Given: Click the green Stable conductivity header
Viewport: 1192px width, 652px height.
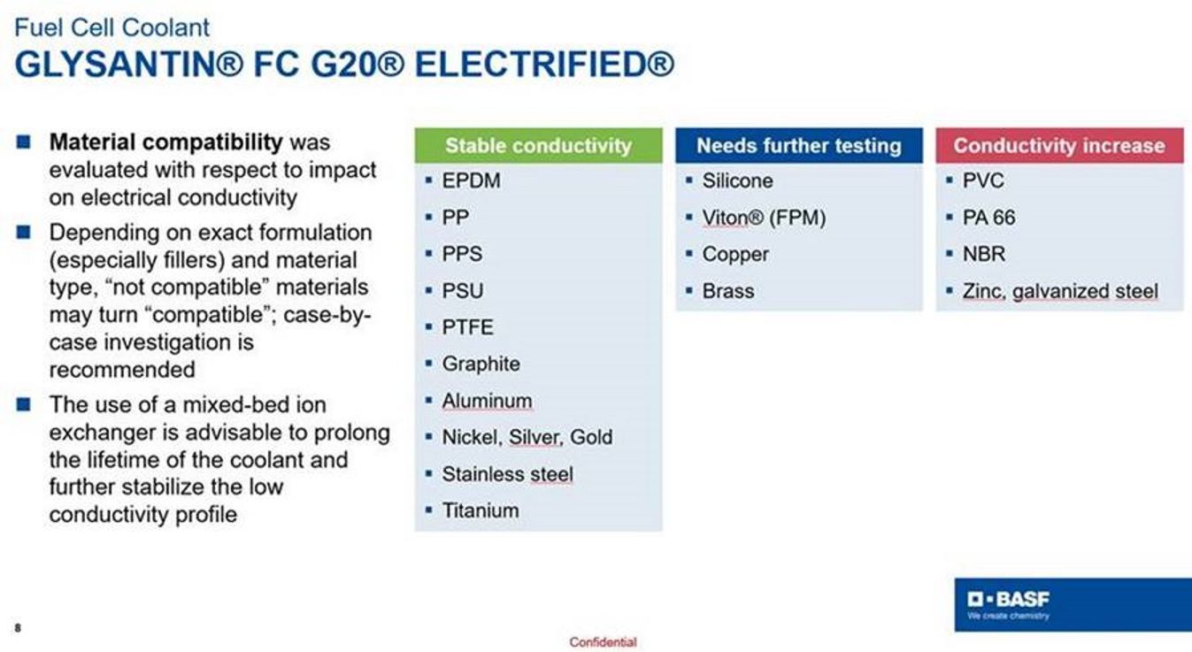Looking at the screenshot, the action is (539, 145).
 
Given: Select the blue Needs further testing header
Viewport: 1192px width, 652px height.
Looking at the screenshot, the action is (799, 145).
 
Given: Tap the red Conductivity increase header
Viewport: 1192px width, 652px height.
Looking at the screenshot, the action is (1059, 145).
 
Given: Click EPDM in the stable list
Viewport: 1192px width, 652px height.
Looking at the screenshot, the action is (471, 180).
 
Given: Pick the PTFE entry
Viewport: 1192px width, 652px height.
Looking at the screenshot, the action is (467, 327).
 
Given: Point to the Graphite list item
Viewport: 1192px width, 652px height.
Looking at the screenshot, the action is (481, 364).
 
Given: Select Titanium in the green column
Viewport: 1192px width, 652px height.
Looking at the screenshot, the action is (480, 510).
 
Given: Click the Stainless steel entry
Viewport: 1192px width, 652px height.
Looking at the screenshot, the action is (507, 474).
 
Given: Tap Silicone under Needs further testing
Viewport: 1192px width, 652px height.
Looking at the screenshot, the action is (737, 180).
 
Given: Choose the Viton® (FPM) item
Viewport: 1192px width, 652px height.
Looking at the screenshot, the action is (764, 218).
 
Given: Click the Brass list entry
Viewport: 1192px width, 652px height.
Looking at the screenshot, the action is (728, 291).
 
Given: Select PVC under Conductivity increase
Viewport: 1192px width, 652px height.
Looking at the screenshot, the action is (983, 180).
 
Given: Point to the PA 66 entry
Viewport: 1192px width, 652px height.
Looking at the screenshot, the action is (988, 218).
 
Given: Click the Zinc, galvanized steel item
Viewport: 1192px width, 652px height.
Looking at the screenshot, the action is (1060, 291).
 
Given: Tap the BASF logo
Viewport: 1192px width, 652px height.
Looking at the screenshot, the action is (1008, 604).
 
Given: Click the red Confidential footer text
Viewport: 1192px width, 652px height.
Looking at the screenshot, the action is (603, 642).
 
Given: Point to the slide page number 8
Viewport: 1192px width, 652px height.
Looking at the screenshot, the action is (18, 628).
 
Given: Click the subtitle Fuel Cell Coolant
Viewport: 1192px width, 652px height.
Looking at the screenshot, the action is (112, 27).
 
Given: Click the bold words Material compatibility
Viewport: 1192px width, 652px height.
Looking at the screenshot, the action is (165, 142).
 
